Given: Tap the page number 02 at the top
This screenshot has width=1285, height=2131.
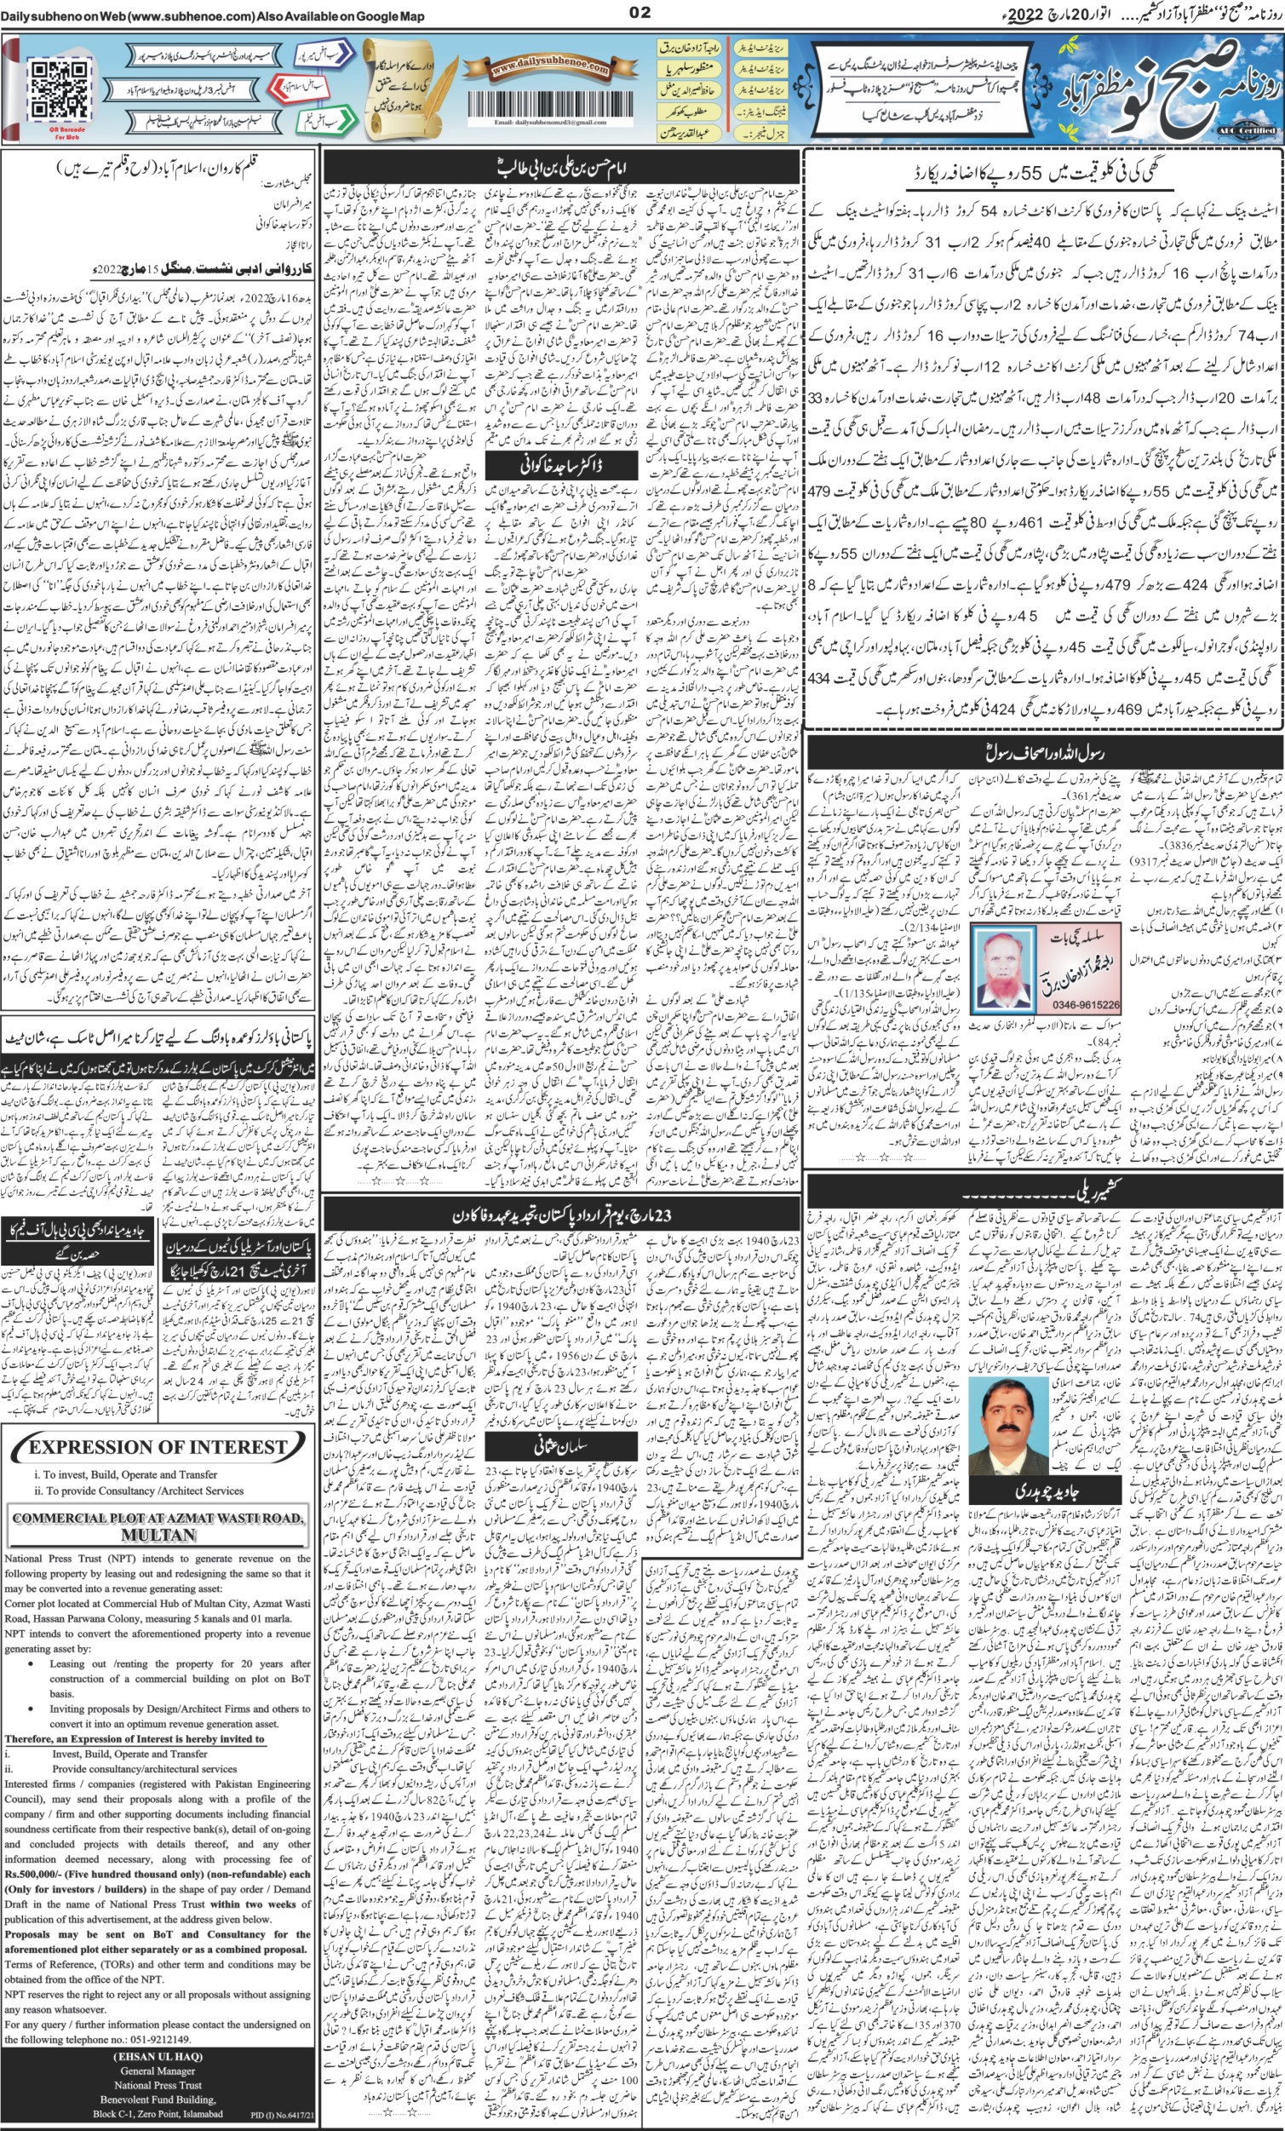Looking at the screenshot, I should pos(640,12).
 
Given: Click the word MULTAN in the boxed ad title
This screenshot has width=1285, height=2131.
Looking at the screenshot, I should pos(158,1534).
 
